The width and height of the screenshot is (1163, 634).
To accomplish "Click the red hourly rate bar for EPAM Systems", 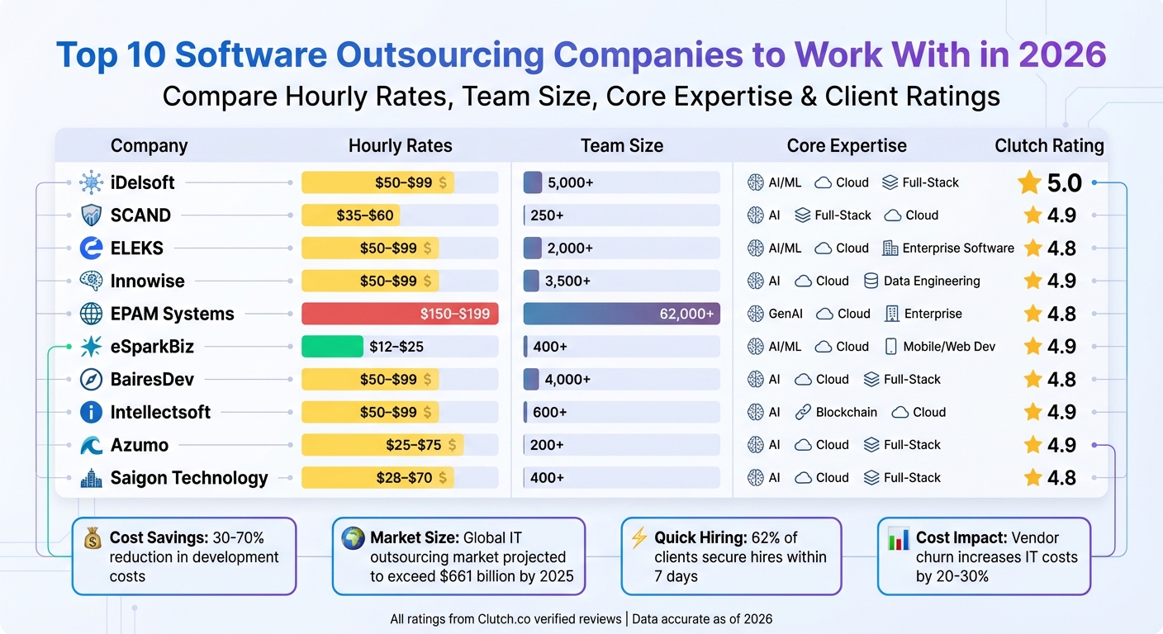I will (400, 314).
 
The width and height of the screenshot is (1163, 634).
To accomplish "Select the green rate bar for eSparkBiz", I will (332, 347).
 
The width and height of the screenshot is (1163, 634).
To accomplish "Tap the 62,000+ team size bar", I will (621, 314).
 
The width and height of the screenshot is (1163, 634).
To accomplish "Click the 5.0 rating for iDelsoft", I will (1064, 183).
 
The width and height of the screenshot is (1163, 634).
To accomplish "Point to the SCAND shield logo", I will (90, 215).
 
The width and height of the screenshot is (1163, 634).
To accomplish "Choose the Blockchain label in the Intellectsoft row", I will (846, 412).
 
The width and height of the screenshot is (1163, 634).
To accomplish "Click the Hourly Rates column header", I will (400, 146).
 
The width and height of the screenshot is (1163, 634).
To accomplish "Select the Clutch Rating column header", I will (1049, 146).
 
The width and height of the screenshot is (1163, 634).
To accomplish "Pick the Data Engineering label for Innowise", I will (931, 281).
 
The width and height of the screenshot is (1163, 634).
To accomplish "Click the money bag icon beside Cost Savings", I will (93, 539).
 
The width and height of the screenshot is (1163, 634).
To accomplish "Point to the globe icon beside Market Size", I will (353, 538).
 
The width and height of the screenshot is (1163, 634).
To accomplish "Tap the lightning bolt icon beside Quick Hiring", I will (638, 538).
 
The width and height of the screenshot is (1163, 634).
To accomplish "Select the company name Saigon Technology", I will (189, 478).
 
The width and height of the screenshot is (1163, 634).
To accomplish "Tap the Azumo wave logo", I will (90, 445).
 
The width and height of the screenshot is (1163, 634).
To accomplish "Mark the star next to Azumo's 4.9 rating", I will (1032, 445).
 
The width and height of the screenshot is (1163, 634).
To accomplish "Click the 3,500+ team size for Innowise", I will (567, 281).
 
